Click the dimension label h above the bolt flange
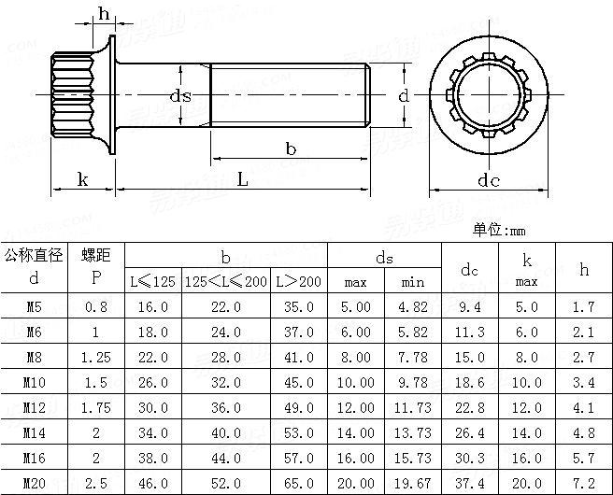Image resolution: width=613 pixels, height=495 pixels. [x=103, y=12]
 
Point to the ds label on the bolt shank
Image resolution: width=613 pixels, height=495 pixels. [x=180, y=95]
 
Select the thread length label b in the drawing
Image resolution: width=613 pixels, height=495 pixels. [x=291, y=148]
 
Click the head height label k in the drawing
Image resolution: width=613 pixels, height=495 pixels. [x=82, y=179]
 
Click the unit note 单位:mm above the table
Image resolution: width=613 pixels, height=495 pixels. [x=500, y=230]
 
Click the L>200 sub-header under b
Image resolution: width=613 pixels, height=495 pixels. [x=298, y=281]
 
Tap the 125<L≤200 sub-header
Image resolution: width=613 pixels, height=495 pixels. [x=225, y=281]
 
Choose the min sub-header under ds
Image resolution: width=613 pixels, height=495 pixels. [x=412, y=281]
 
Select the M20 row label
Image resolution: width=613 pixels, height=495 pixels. [x=34, y=483]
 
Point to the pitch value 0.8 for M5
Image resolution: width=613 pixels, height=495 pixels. [x=95, y=305]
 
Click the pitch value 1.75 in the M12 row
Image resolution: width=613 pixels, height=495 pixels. [x=95, y=407]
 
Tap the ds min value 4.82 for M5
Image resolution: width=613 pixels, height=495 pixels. [x=412, y=305]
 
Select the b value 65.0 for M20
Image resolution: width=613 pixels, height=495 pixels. [x=298, y=483]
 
